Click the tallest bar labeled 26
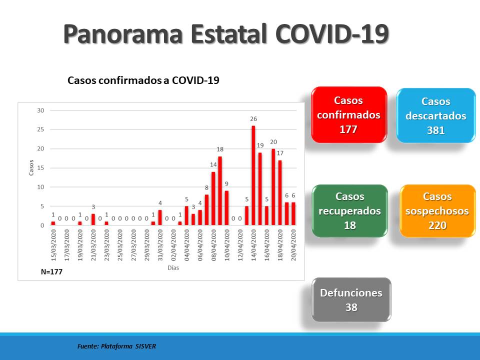point(253,175)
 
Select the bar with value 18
point(220,191)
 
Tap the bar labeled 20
point(273,187)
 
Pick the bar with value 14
point(213,198)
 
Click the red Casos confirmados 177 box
point(349,115)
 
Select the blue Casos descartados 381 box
point(436,115)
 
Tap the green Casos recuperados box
point(350,211)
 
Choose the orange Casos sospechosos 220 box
point(437,211)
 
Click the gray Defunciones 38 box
point(351,299)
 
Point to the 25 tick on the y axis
point(40,129)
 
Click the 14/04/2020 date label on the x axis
point(253,245)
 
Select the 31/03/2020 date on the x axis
point(160,245)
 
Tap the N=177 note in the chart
point(51,272)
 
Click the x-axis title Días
point(173,268)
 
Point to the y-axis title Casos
point(31,168)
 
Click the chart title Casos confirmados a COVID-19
point(143,80)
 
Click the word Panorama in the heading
point(123,33)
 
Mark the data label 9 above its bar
point(226,183)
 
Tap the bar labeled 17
point(280,193)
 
